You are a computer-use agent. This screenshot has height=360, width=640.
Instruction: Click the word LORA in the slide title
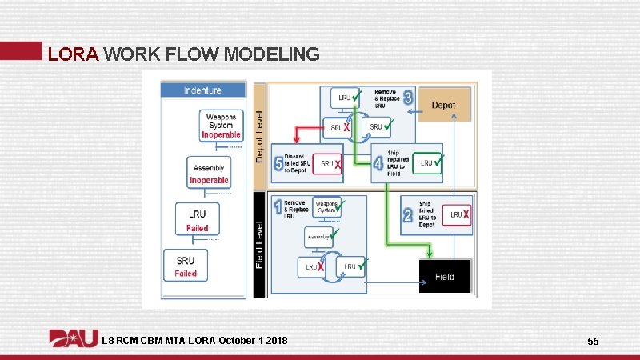point(73,54)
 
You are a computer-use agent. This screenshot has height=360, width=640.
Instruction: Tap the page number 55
point(593,342)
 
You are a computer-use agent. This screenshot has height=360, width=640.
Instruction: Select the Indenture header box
point(202,90)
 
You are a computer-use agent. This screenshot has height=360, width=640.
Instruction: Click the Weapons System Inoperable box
point(221,125)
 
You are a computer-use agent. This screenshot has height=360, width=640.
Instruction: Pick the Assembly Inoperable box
point(209,171)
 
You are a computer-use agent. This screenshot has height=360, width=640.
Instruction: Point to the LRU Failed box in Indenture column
point(197,219)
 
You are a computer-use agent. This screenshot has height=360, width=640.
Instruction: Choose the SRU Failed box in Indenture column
point(186,265)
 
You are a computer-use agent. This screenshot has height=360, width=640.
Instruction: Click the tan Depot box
point(443,106)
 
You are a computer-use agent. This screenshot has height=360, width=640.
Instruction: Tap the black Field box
point(445,277)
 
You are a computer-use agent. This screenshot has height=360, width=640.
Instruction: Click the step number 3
point(408,98)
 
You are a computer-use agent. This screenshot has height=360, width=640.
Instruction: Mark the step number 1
point(278,208)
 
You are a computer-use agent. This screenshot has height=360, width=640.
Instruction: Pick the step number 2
point(407,214)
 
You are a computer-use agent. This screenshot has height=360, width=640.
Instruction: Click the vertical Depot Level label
point(259,136)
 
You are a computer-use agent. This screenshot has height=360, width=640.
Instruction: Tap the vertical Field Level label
point(259,244)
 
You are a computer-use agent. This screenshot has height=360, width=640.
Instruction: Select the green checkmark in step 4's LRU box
point(437,162)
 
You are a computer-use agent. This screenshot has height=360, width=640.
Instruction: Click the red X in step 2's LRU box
point(465,214)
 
